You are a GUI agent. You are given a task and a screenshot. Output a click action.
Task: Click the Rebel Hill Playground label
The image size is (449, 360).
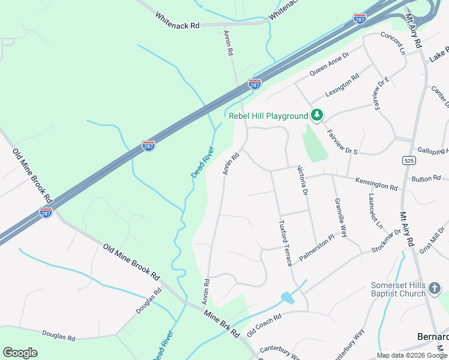click(268, 116)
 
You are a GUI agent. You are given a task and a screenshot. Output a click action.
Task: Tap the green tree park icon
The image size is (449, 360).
click(317, 115)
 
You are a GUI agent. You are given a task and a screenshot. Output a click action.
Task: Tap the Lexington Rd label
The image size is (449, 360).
click(342, 85)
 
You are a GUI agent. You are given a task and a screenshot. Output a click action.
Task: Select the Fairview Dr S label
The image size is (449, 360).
click(342, 140)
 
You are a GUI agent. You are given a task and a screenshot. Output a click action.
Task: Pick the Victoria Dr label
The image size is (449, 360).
click(302, 180)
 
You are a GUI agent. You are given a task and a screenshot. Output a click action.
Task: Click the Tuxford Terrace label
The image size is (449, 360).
click(285, 242)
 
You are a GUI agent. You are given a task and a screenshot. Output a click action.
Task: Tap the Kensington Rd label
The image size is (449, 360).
click(376, 184)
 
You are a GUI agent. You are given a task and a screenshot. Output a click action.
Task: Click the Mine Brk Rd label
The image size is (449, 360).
click(222, 323)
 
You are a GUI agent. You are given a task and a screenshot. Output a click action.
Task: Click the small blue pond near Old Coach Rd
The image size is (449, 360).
click(288, 298)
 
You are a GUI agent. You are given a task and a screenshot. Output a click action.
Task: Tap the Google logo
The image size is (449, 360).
click(20, 352)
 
